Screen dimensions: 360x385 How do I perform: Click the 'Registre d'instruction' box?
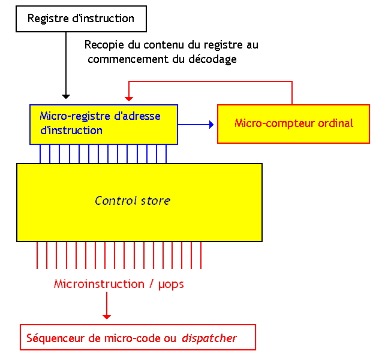pos(80,19)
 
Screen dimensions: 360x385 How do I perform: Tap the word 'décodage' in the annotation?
pos(213,59)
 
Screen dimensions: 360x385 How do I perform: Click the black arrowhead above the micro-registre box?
pos(67,95)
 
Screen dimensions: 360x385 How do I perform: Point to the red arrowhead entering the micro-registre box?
pos(127,98)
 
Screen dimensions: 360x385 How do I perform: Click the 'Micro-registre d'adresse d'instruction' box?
pos(103,125)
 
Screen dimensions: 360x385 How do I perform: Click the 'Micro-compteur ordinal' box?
pos(293,124)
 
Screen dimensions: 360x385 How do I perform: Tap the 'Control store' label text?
pos(133,201)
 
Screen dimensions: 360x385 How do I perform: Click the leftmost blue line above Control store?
pos(41,154)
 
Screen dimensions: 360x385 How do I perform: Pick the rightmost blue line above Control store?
pos(166,154)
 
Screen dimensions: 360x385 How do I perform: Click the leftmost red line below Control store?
pos(37,255)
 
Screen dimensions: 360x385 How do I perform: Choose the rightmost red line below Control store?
pos(200,255)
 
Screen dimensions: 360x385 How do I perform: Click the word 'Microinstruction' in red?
pos(99,285)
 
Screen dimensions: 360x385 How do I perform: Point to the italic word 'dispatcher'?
pos(209,338)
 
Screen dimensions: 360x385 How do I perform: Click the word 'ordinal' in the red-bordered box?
pos(336,123)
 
